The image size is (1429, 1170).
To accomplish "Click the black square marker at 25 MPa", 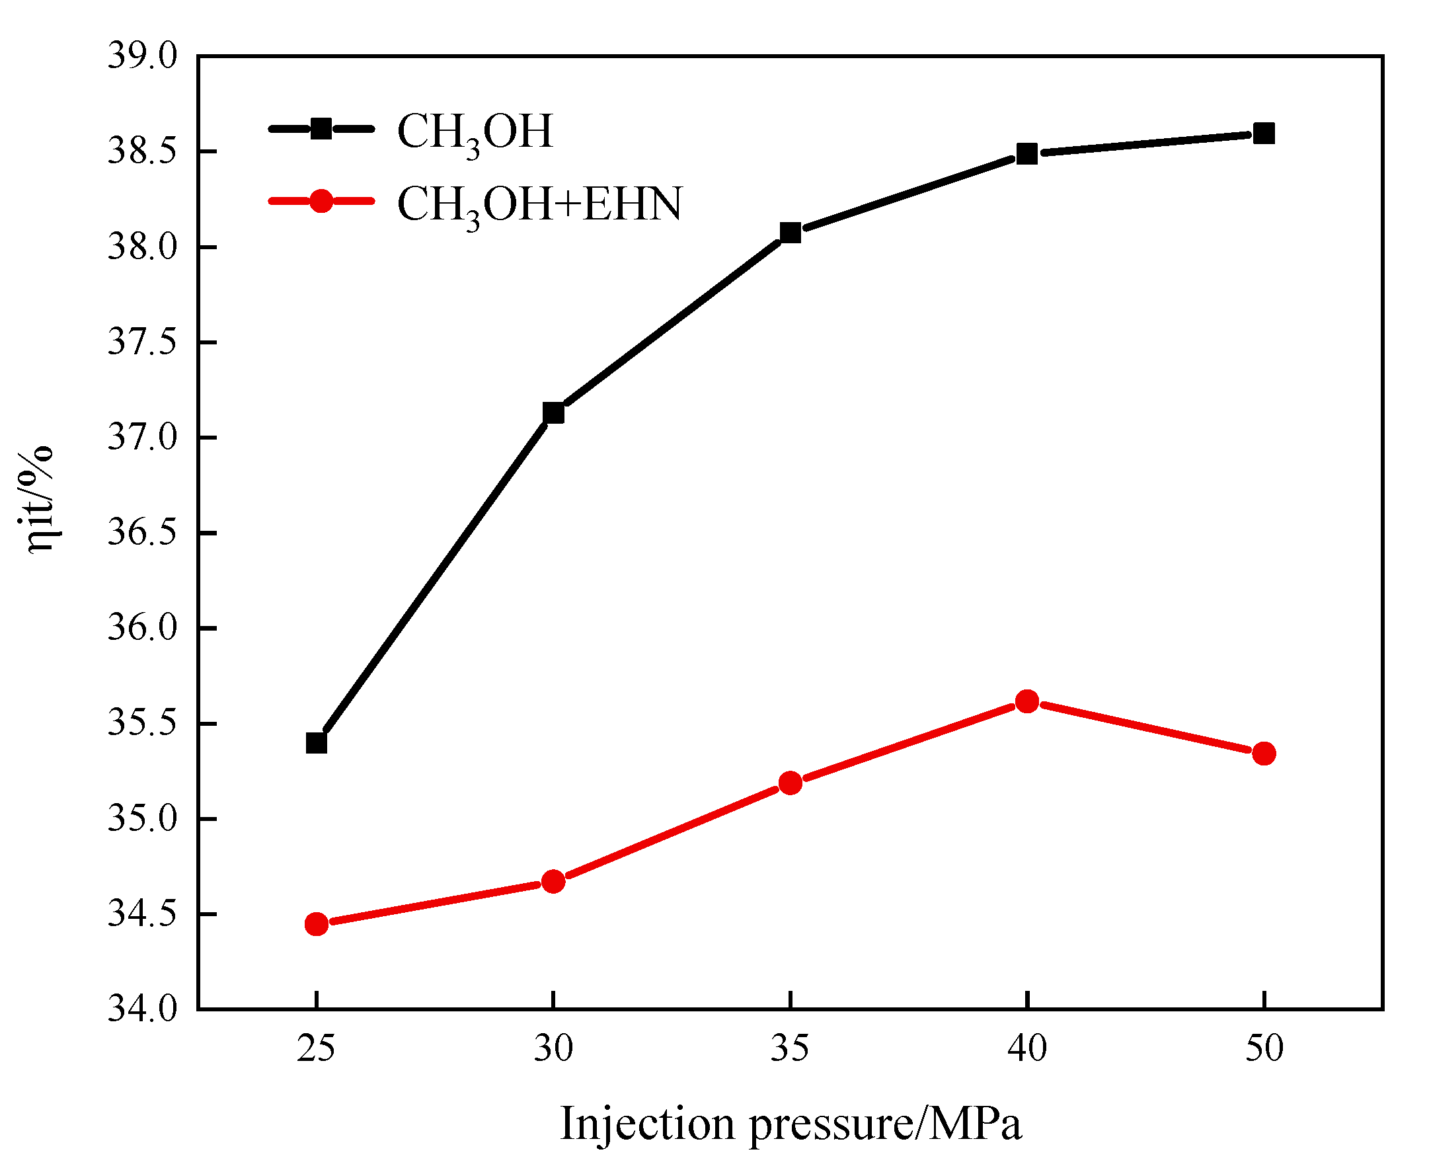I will tap(316, 744).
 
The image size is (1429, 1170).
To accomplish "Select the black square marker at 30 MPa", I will tap(553, 412).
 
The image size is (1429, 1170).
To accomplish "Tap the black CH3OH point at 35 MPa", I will tap(791, 233).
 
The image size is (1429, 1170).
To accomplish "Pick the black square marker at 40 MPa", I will tap(1026, 153).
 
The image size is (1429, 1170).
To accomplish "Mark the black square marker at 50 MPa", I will tap(1264, 133).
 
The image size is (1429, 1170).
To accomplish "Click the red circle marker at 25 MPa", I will tap(316, 924).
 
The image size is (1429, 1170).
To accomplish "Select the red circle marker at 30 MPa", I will tap(553, 882).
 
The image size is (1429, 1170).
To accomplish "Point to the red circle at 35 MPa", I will tap(791, 783).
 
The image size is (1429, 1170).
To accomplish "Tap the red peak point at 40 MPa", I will tap(1026, 701).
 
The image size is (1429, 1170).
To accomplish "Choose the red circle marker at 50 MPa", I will tap(1264, 754).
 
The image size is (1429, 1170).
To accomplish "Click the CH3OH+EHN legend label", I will tap(539, 204).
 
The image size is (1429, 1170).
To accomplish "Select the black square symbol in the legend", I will tap(321, 128).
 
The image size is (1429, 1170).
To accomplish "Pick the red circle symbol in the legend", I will tap(321, 200).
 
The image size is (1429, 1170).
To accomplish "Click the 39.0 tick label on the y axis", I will tap(142, 56).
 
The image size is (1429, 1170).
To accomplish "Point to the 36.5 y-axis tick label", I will tap(142, 533).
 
